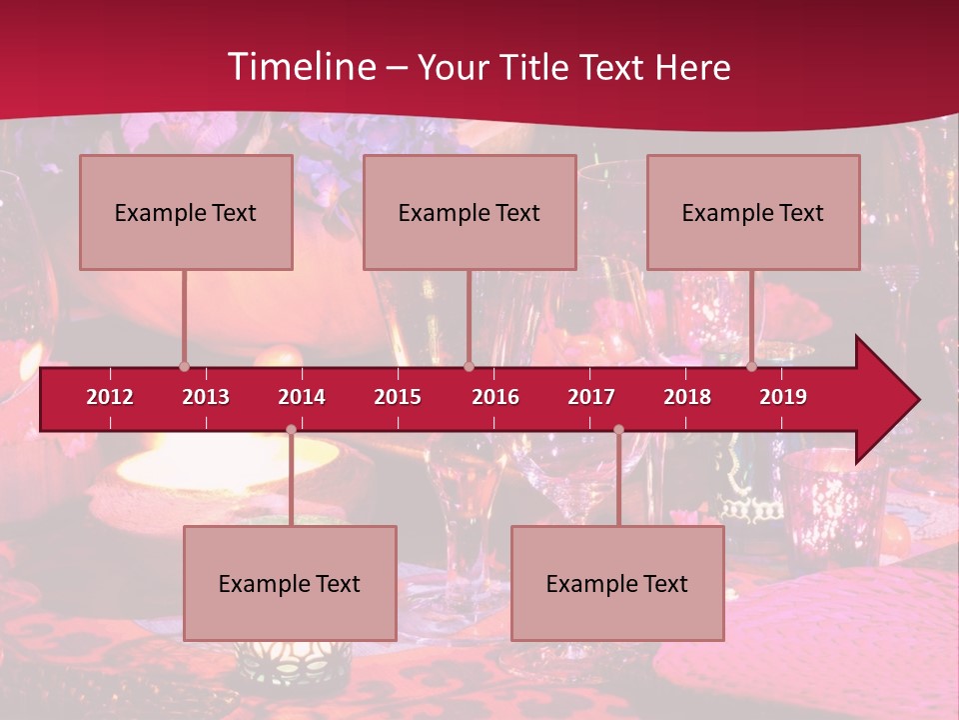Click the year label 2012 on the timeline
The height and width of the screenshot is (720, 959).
tap(110, 397)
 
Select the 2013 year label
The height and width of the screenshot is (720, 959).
tap(206, 397)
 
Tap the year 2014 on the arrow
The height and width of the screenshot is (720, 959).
tap(302, 397)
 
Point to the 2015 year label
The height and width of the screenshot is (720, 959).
tap(398, 397)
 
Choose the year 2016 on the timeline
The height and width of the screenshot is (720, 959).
tap(495, 397)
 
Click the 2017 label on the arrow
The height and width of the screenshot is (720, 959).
tap(591, 397)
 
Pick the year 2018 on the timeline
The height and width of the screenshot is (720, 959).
tap(687, 397)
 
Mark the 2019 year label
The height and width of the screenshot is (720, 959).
tap(783, 397)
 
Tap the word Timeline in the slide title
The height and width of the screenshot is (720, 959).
tap(300, 67)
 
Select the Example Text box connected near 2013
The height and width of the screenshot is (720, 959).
tap(186, 212)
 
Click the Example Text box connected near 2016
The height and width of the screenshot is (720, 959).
tap(470, 212)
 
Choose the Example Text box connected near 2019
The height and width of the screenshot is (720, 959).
tap(753, 212)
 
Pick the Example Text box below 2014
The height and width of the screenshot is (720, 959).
tap(290, 583)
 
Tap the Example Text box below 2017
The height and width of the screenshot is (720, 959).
tap(617, 583)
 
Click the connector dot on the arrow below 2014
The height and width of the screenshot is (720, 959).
tap(291, 430)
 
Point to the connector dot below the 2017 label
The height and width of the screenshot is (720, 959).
tap(618, 430)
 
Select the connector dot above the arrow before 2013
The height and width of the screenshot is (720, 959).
tap(184, 366)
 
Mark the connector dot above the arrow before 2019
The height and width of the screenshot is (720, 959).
tap(751, 366)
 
